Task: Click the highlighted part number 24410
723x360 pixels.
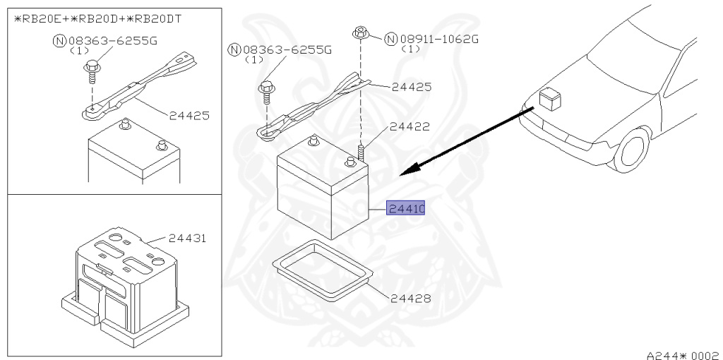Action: coord(405,209)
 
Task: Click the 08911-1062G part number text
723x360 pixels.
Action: coord(438,38)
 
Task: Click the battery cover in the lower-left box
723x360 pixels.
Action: coord(127,282)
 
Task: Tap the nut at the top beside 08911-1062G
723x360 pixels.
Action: coord(360,32)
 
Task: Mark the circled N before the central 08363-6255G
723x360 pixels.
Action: coord(234,49)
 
